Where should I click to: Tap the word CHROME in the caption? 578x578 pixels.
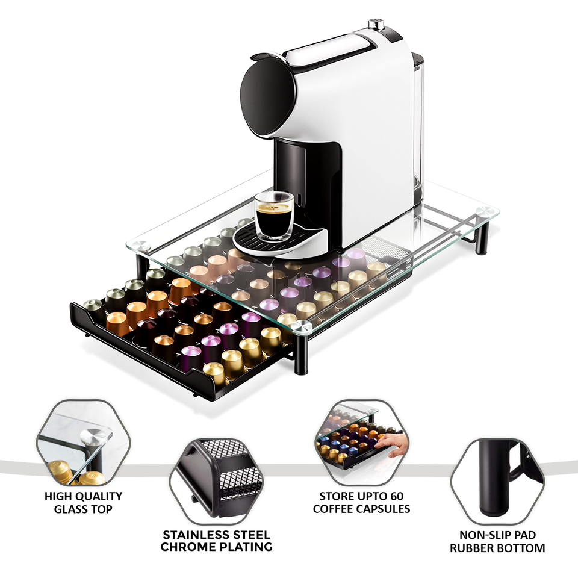point(188,547)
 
